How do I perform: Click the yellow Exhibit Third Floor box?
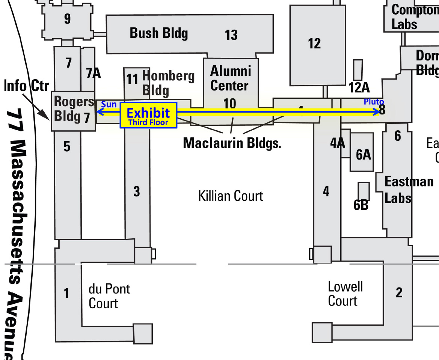tap(148, 115)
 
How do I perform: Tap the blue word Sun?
tap(109, 105)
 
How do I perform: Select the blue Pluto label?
tap(374, 102)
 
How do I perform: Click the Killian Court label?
tap(231, 196)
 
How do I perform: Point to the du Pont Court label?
tap(109, 296)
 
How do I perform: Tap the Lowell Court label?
tap(345, 294)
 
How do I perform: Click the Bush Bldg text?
tap(158, 33)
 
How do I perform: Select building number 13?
tap(231, 35)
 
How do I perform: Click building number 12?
tap(314, 44)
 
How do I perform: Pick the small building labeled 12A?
tap(358, 70)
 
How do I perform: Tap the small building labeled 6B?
tap(364, 191)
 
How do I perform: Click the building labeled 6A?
tap(363, 154)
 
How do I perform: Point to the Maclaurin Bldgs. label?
tap(232, 143)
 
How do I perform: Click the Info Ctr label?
tap(26, 86)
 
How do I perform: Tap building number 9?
tap(67, 19)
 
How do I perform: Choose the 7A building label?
tap(93, 73)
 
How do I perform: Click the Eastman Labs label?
tap(408, 190)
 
